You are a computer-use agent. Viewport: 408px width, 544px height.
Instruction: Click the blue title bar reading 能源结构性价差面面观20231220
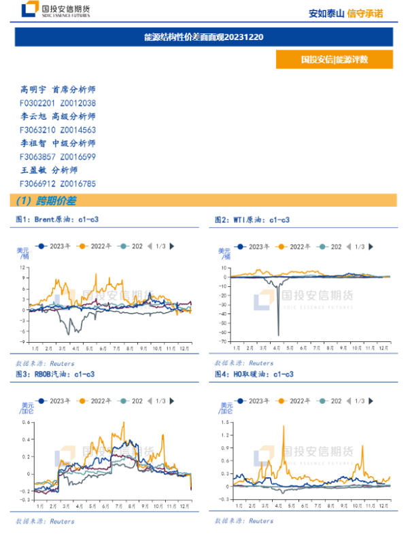(203, 37)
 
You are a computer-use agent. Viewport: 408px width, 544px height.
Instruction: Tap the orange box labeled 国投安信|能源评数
(334, 59)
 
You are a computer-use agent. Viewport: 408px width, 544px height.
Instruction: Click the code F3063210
(37, 130)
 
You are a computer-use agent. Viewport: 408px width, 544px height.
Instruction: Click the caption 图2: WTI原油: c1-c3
(252, 220)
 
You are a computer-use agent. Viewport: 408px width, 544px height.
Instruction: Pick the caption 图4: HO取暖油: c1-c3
(254, 374)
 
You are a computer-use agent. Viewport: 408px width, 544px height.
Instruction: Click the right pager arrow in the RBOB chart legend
(172, 401)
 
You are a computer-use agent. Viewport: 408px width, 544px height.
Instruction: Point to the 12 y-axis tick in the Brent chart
(23, 267)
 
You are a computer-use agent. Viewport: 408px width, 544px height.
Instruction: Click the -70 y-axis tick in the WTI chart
(224, 341)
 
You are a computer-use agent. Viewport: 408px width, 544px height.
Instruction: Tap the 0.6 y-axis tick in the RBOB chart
(25, 422)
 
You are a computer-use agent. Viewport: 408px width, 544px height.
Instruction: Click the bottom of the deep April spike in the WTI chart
(278, 335)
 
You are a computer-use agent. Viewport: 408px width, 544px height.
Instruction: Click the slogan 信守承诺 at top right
(365, 13)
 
